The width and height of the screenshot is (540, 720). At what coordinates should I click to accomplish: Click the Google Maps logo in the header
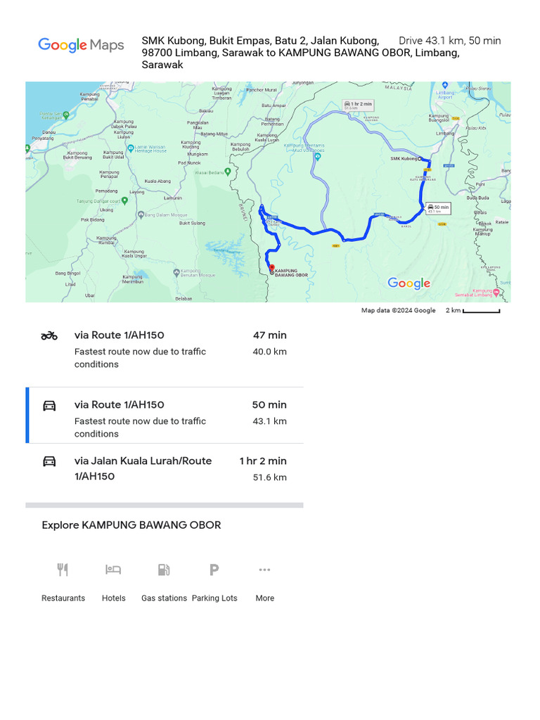pos(81,46)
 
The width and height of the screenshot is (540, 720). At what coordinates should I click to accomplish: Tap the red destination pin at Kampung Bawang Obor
pos(271,268)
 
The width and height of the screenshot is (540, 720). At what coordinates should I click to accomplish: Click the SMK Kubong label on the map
pos(404,159)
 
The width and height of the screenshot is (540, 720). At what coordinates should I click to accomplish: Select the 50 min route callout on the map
pos(438,207)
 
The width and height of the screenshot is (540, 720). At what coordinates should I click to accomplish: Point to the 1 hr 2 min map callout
pos(358,105)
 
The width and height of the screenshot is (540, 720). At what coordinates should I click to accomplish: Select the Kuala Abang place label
pos(157,181)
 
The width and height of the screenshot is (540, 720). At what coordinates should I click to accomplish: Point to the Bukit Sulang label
pos(192,223)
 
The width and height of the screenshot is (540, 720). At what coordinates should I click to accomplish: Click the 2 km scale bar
pos(481,311)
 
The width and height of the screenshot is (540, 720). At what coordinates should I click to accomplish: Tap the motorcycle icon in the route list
pos(49,336)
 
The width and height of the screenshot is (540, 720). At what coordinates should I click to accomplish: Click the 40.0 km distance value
pos(269,352)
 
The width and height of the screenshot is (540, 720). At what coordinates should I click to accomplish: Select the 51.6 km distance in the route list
pos(269,477)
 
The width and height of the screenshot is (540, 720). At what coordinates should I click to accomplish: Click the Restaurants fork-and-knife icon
pos(63,570)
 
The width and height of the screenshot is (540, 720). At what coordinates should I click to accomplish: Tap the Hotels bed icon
pos(113,570)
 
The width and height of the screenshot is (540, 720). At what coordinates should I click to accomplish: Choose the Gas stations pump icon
pos(164,570)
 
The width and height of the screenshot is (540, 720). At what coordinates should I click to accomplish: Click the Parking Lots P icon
pos(214,570)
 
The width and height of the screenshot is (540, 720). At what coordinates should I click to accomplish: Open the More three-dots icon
pos(264,570)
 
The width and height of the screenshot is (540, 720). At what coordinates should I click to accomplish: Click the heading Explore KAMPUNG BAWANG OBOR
pos(131,525)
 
